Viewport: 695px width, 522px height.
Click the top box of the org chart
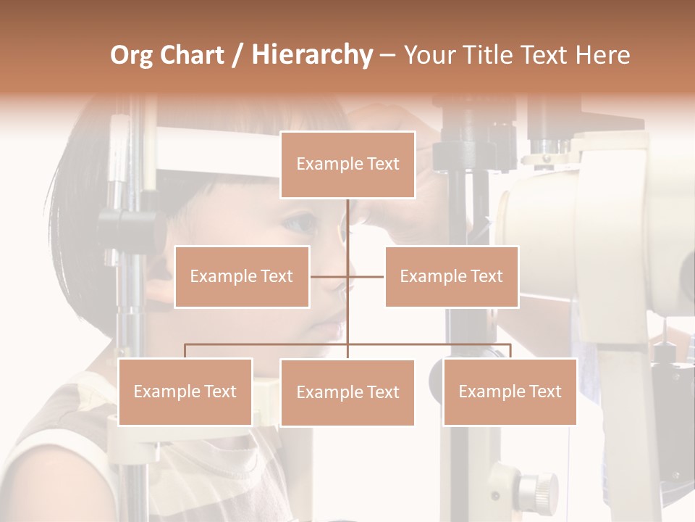point(347,165)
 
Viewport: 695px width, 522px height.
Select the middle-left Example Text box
point(242,276)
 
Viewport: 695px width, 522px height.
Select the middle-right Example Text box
point(452,276)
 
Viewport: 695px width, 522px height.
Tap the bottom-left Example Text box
point(185,391)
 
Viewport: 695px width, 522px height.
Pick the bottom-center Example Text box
point(347,392)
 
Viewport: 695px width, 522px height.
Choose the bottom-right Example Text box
point(510,391)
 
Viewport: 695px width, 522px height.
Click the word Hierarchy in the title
point(312,55)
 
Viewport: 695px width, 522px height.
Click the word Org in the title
point(131,55)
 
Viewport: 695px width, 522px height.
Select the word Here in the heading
point(602,55)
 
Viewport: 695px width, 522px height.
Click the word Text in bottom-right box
point(544,391)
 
